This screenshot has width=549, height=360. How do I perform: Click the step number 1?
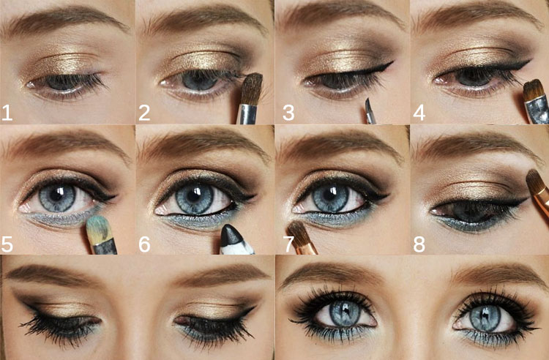[7, 112]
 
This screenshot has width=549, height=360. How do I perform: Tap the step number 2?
[144, 112]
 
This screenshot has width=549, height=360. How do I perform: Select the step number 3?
[288, 112]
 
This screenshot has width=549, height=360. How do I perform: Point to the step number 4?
[419, 112]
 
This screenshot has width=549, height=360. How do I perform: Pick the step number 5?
[7, 244]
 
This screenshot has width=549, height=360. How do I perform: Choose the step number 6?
[144, 244]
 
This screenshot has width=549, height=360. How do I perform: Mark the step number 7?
[289, 244]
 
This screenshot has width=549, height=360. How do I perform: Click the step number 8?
[419, 244]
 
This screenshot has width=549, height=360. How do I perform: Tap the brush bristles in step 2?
[251, 89]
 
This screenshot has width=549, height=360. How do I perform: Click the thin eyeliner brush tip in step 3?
[368, 105]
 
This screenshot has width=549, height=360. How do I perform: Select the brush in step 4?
[536, 102]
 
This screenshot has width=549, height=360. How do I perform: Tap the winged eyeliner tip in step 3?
[392, 63]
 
